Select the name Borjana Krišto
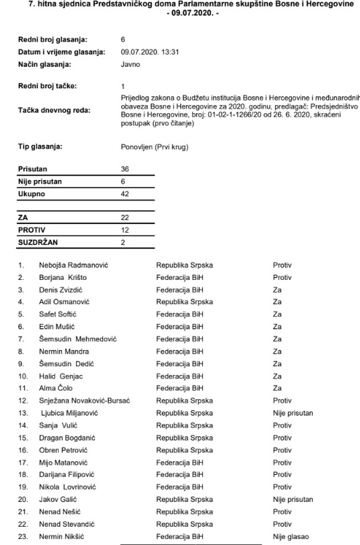63,278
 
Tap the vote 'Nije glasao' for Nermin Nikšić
291,536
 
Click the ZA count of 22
125,218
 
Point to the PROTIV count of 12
125,230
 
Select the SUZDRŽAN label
39,242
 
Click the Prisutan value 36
125,169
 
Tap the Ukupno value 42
125,194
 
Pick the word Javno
130,64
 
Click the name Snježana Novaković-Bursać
84,401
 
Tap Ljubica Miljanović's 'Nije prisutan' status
293,413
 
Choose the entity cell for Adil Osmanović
185,302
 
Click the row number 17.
22,462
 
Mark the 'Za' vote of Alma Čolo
277,388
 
